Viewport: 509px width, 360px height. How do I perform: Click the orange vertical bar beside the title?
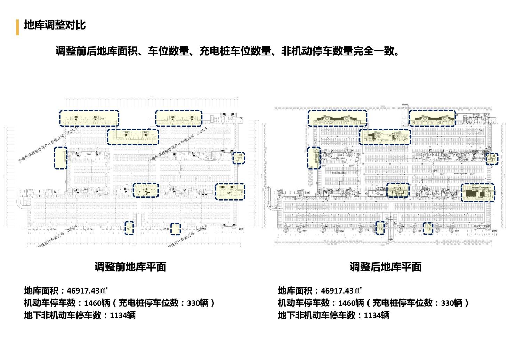(x=17, y=27)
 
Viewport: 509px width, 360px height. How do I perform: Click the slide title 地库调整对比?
(x=55, y=25)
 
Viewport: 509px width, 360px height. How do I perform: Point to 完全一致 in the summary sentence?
(x=374, y=51)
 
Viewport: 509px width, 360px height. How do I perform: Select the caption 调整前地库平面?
(x=130, y=267)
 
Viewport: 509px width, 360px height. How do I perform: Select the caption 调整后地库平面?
(x=386, y=267)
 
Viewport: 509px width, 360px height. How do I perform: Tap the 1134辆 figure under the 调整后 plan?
(x=377, y=315)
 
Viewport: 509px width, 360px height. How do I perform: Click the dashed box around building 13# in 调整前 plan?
(x=230, y=192)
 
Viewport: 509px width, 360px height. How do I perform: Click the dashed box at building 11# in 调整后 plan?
(x=398, y=190)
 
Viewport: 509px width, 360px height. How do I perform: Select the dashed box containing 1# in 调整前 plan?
(x=89, y=118)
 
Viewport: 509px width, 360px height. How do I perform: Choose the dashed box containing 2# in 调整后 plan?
(x=385, y=137)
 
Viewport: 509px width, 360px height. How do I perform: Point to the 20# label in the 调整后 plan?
(x=494, y=231)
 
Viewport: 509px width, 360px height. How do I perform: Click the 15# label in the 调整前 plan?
(x=53, y=229)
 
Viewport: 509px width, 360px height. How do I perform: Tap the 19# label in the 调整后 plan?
(x=457, y=231)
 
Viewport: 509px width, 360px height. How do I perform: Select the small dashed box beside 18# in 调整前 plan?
(x=176, y=229)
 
